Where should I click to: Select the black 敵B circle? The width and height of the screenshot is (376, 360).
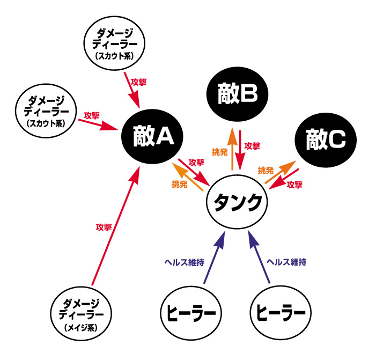pyautogui.click(x=238, y=94)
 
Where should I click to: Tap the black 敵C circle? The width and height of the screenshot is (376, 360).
pyautogui.click(x=326, y=140)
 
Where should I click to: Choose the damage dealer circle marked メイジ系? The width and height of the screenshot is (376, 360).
pyautogui.click(x=83, y=314)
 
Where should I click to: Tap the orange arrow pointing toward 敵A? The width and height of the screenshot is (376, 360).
pyautogui.click(x=187, y=178)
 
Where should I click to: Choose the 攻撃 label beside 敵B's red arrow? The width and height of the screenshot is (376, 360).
pyautogui.click(x=252, y=145)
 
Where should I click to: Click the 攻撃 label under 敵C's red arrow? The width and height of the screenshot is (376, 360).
pyautogui.click(x=294, y=185)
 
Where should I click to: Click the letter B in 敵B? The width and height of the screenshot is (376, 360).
pyautogui.click(x=248, y=94)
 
